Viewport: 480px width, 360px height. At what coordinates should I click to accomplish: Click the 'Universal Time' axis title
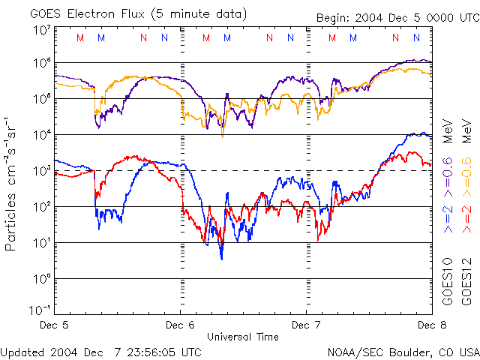pos(242,337)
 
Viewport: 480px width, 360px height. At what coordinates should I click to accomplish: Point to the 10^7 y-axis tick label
pos(42,31)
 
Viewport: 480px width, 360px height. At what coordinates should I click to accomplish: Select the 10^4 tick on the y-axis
pos(42,135)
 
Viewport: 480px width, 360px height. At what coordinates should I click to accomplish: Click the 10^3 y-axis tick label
pos(42,171)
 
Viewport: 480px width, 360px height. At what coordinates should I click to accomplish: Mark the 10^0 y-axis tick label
pos(42,279)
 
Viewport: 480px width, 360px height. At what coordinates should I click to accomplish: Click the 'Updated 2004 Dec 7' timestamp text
pos(100,351)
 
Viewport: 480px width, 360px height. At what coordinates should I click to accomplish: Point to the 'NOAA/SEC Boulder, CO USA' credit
pos(403,351)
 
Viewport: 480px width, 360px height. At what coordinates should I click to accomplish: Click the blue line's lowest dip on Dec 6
pos(221,258)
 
